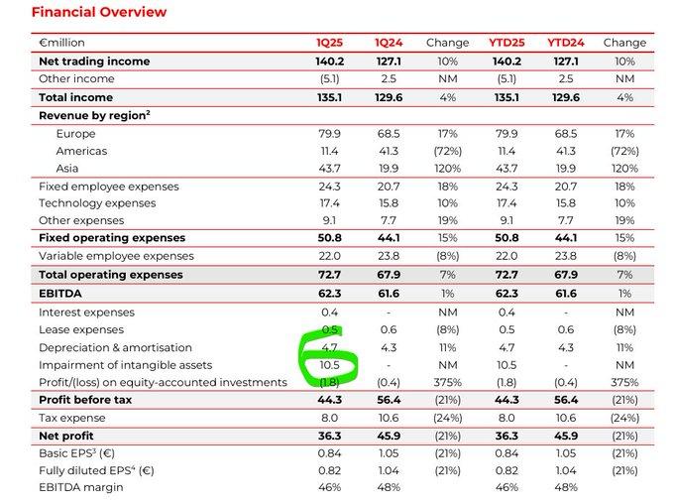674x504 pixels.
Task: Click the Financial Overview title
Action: click(x=99, y=12)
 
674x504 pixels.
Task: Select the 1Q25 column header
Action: click(x=329, y=43)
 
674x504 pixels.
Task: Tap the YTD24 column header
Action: click(x=565, y=43)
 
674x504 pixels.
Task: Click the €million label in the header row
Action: click(x=61, y=43)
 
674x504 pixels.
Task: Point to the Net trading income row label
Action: click(x=94, y=62)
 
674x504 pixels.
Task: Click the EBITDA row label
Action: click(x=60, y=294)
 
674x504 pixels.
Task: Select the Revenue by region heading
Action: click(x=94, y=115)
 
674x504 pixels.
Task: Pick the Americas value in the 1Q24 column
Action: click(x=389, y=151)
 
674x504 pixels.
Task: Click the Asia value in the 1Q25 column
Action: click(x=329, y=169)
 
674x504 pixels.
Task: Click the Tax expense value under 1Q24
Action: click(x=389, y=418)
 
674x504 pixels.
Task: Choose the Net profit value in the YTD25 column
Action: click(x=506, y=436)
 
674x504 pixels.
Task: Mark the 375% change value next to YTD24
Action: click(x=624, y=382)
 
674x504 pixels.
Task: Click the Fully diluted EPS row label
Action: click(x=96, y=470)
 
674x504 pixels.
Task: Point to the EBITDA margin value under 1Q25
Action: click(x=329, y=487)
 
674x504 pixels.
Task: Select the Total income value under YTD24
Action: click(x=566, y=97)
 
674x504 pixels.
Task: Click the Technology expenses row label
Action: click(x=97, y=203)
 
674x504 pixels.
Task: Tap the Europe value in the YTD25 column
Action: click(x=506, y=134)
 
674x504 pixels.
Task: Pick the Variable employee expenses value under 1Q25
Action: click(x=329, y=256)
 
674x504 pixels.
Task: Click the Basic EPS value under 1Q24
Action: click(x=389, y=453)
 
